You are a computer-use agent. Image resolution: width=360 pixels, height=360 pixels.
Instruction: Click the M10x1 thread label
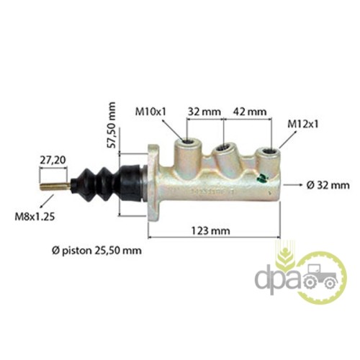150,112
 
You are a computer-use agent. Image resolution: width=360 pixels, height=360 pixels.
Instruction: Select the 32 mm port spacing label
204,112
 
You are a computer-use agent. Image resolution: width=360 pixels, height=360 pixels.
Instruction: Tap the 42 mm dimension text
250,112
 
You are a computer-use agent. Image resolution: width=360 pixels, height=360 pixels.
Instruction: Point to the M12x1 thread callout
303,125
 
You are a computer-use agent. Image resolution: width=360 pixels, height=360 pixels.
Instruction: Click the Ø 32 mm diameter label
328,185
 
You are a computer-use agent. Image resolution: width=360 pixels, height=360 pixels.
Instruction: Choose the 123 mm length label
210,231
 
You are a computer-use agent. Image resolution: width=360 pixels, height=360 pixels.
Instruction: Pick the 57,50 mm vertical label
112,125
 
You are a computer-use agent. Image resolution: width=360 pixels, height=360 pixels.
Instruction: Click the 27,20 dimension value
53,160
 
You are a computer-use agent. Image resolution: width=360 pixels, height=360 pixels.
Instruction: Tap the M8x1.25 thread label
35,217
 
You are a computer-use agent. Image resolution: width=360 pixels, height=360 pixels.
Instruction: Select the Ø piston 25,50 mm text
96,251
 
